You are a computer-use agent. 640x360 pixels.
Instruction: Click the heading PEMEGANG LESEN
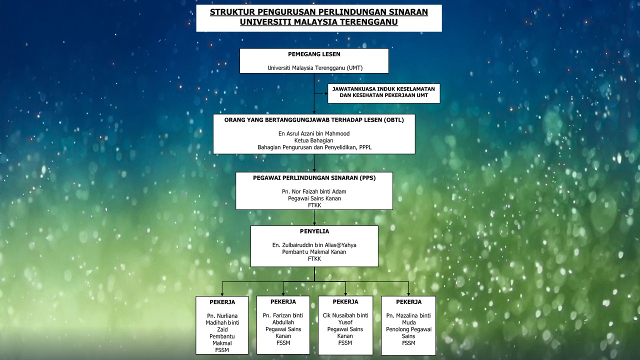[314, 54]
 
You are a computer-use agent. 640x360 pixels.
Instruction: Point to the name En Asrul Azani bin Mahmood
[314, 133]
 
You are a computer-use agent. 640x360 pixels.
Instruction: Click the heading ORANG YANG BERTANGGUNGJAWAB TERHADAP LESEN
[314, 120]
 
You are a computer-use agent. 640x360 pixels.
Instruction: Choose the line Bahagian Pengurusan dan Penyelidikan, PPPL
[314, 147]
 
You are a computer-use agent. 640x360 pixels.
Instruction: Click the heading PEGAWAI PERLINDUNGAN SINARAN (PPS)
[314, 177]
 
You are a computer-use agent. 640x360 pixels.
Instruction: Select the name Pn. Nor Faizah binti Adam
[314, 191]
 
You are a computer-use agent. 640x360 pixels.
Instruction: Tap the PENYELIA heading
[314, 231]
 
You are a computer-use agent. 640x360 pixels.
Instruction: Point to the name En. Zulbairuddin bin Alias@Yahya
[314, 245]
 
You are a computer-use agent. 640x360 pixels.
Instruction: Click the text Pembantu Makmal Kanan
[314, 252]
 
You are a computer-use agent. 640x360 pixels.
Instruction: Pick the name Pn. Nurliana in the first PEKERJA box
[222, 316]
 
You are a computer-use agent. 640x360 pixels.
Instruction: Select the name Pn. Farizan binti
[283, 315]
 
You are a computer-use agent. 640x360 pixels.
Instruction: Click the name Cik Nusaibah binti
[345, 315]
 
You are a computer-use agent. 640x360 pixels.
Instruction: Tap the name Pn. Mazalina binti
[408, 315]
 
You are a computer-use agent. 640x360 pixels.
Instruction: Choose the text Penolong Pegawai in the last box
[408, 329]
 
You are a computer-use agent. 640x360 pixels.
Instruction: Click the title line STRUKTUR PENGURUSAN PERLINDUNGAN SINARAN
[319, 12]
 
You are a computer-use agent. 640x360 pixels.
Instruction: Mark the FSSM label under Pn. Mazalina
[408, 343]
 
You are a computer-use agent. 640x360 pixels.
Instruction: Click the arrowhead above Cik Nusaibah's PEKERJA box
[345, 293]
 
